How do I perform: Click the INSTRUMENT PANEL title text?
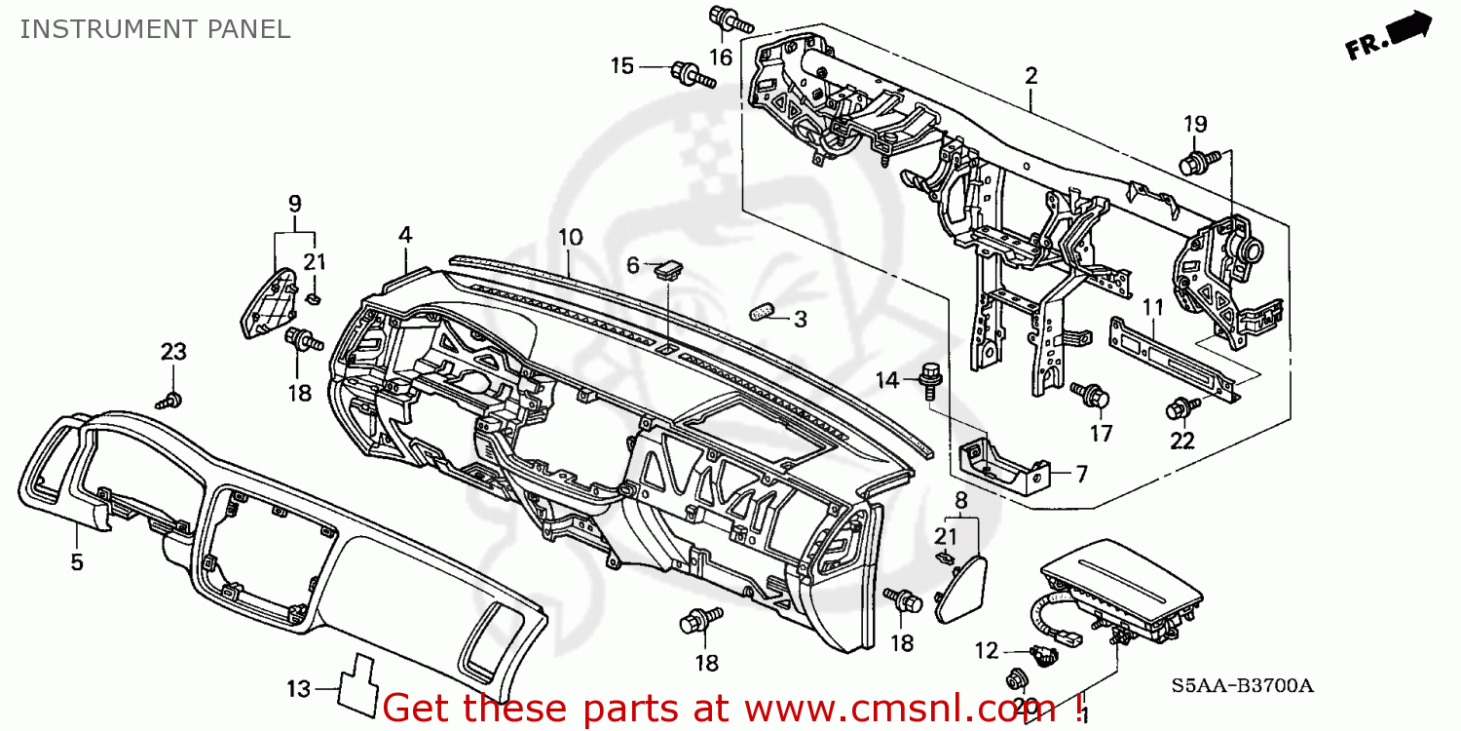(155, 29)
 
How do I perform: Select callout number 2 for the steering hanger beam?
(1030, 75)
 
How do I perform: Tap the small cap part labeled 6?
(668, 266)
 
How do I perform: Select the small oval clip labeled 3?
(761, 311)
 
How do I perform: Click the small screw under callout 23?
(171, 399)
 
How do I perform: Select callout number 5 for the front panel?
(77, 562)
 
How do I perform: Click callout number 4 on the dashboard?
(405, 234)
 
